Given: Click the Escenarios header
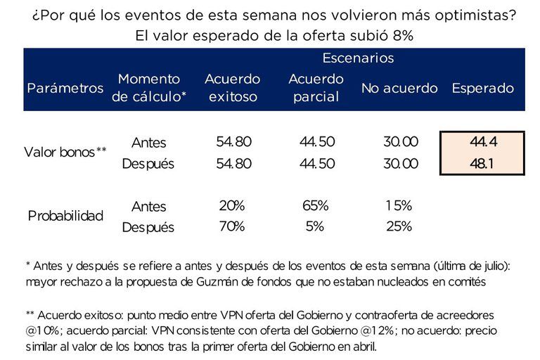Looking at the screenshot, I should [x=358, y=58].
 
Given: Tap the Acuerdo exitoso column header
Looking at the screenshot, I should [x=232, y=88].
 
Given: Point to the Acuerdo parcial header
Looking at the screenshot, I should [x=316, y=88].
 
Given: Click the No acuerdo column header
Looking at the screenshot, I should [x=399, y=89].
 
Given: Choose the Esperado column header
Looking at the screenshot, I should [x=482, y=89].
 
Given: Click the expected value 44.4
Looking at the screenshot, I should [x=483, y=142].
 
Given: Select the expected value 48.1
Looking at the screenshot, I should [x=483, y=163].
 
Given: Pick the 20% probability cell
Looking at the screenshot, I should [x=231, y=206].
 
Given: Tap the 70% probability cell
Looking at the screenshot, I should [x=231, y=226].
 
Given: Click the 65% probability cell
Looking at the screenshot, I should [x=314, y=206].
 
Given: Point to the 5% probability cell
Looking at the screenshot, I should [x=314, y=226].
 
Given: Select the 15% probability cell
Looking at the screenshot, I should [x=399, y=206].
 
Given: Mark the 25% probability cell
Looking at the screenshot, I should [x=399, y=226].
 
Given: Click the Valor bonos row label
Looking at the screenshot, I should [x=65, y=152].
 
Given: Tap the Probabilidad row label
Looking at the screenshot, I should [x=65, y=216].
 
